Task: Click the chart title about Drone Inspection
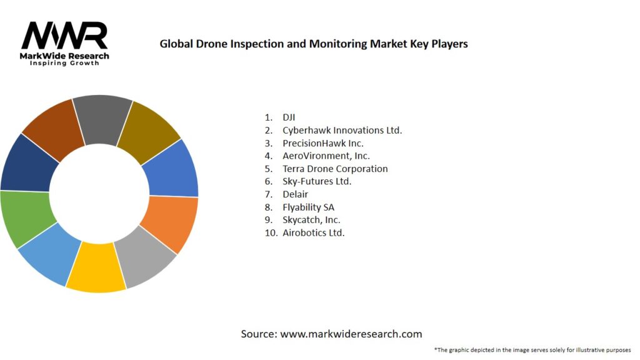pyautogui.click(x=314, y=44)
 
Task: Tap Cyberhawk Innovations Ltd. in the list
pyautogui.click(x=342, y=130)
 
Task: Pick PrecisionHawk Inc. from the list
pyautogui.click(x=322, y=143)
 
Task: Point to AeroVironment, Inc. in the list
pyautogui.click(x=326, y=156)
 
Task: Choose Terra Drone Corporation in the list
pyautogui.click(x=335, y=169)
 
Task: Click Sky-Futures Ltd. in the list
pyautogui.click(x=317, y=181)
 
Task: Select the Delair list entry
pyautogui.click(x=295, y=194)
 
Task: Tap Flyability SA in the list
pyautogui.click(x=309, y=207)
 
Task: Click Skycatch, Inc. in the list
pyautogui.click(x=311, y=220)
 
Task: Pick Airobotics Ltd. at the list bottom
pyautogui.click(x=313, y=232)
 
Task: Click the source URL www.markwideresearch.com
pyautogui.click(x=351, y=334)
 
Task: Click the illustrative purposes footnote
pyautogui.click(x=532, y=349)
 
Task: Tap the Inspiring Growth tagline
pyautogui.click(x=64, y=64)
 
